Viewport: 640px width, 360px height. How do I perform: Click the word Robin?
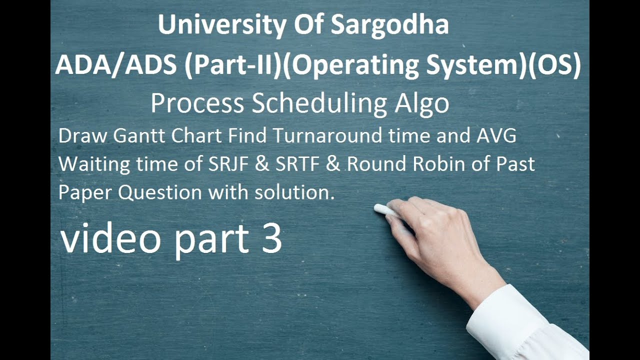(x=439, y=164)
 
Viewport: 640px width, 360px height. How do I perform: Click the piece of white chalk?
(x=384, y=209)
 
